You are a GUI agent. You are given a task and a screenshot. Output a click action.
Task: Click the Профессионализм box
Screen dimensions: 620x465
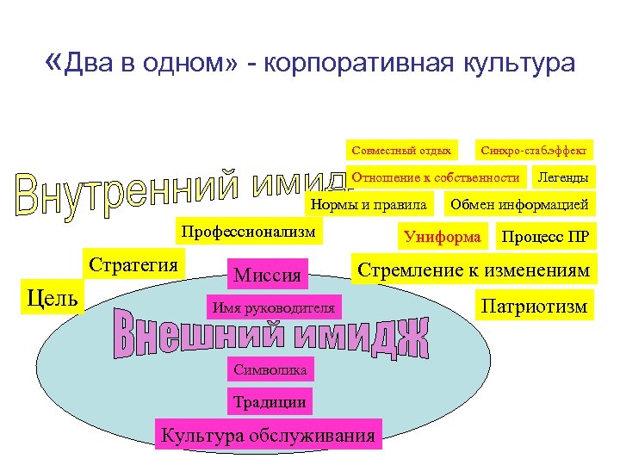(x=247, y=232)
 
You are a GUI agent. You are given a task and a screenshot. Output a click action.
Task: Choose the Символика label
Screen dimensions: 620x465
(x=270, y=369)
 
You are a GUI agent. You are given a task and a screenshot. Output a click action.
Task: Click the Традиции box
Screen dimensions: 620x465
(x=269, y=401)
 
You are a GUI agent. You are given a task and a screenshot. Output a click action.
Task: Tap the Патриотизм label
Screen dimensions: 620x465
(x=534, y=306)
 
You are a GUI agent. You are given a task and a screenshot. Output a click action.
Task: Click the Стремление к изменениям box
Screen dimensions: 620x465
(x=473, y=270)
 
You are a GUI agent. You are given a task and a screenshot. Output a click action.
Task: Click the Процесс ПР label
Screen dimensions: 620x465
(x=545, y=235)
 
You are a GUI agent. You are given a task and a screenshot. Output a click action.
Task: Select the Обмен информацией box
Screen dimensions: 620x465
(x=518, y=205)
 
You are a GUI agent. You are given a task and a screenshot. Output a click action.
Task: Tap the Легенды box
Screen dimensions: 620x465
(x=562, y=177)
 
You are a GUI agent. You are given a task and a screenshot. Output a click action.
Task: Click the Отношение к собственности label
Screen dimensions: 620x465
(x=436, y=177)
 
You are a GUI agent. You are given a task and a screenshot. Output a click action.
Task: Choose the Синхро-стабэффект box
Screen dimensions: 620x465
(x=534, y=151)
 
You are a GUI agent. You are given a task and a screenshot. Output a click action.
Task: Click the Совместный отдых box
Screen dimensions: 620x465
(x=400, y=151)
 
